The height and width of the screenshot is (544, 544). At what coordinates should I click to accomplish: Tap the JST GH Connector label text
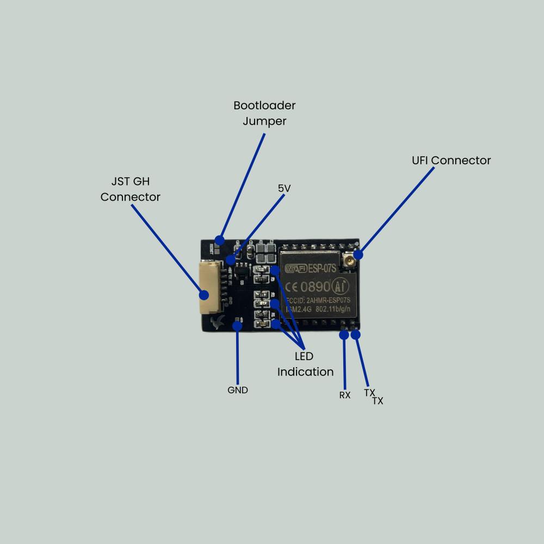click(x=131, y=189)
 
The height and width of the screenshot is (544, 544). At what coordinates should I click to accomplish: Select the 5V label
click(x=284, y=188)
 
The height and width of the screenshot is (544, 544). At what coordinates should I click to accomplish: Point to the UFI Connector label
click(x=451, y=160)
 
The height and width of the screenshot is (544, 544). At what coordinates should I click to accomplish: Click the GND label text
click(x=237, y=390)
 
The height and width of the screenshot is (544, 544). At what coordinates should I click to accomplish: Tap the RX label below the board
click(x=345, y=395)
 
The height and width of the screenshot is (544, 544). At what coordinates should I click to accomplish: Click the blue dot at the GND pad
click(x=237, y=325)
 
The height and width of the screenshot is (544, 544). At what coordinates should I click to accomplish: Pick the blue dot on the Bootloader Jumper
click(x=220, y=240)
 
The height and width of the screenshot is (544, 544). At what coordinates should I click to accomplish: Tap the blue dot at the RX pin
click(x=344, y=335)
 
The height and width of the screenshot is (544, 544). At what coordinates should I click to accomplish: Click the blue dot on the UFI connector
click(x=358, y=255)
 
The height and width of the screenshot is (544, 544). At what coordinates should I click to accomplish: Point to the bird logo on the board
click(x=218, y=323)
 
